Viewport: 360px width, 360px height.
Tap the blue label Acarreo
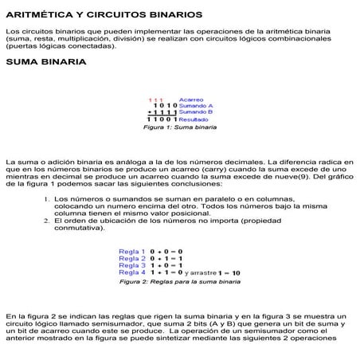click(191, 99)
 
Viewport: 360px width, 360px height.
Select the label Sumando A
click(195, 105)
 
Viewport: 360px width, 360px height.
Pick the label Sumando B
click(195, 112)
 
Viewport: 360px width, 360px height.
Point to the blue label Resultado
click(194, 119)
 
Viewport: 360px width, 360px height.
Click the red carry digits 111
click(156, 99)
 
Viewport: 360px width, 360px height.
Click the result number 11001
click(162, 119)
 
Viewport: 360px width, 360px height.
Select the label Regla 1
click(132, 252)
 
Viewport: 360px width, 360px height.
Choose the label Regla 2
click(132, 259)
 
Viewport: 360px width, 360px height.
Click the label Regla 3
click(132, 266)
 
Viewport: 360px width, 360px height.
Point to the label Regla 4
click(132, 273)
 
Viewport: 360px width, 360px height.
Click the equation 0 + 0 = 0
click(166, 252)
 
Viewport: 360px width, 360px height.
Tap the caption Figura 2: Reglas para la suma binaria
click(180, 282)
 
